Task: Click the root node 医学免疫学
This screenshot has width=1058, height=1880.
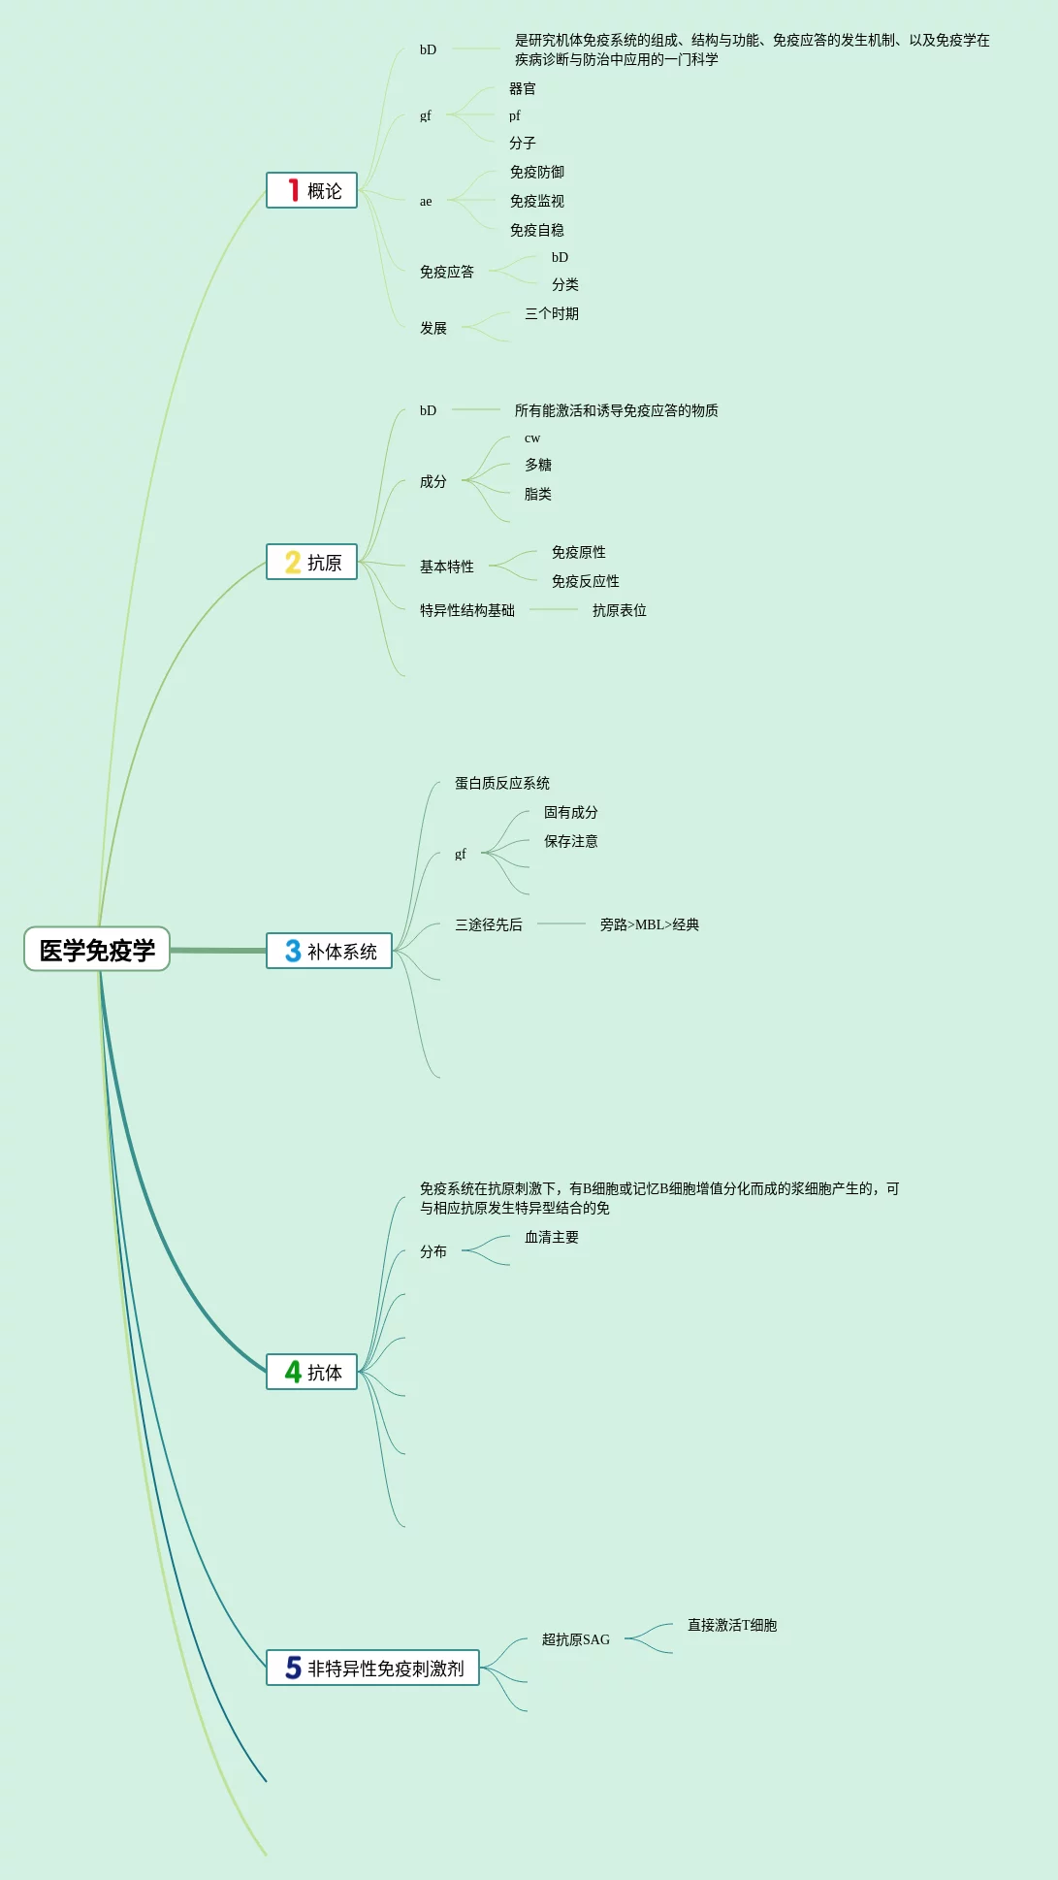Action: pos(97,950)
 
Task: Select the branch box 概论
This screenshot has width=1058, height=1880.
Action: pos(312,190)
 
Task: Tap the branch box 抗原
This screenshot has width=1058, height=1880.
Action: pos(312,563)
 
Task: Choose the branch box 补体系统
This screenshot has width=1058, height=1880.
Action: pos(330,951)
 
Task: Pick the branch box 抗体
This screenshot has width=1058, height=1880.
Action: pos(312,1372)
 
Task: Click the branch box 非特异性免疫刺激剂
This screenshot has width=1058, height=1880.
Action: pos(373,1668)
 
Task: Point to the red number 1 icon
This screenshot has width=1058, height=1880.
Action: pos(293,190)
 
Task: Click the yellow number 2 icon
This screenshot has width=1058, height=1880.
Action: pos(293,563)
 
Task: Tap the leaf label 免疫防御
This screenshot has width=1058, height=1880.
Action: pos(536,172)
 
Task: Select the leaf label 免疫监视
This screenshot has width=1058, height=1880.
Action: pos(536,201)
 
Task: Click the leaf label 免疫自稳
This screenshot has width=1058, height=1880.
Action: pos(536,230)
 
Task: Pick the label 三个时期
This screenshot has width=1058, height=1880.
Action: pos(551,313)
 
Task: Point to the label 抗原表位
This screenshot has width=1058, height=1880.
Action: pos(619,610)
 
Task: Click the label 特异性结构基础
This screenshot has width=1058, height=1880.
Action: pos(466,610)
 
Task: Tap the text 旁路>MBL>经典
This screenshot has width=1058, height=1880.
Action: pos(649,924)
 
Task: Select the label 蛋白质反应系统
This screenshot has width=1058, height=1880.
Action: pos(501,783)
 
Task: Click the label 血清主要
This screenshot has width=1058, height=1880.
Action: pos(551,1237)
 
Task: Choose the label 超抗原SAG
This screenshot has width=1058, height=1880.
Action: pos(575,1639)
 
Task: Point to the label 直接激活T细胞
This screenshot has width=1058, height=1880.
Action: pos(731,1625)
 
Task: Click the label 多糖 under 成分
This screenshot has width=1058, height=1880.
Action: pos(537,465)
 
